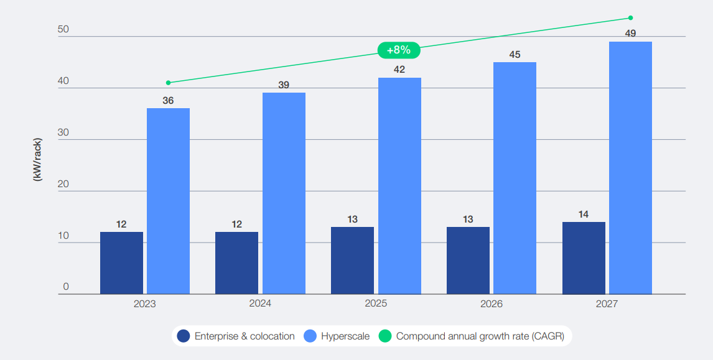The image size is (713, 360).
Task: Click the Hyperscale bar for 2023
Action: (168, 201)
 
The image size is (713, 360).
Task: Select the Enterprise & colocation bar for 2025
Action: (352, 261)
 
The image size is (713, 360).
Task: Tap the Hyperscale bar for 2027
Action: (630, 168)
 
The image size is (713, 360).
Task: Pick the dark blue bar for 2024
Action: (236, 263)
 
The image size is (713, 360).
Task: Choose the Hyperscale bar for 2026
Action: (515, 178)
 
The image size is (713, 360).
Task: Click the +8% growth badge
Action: (399, 50)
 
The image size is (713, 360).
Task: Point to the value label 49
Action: (630, 34)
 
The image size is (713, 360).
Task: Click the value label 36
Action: (168, 100)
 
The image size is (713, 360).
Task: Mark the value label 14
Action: (584, 215)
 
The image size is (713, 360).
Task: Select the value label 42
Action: (399, 70)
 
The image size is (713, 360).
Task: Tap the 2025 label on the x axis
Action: (376, 304)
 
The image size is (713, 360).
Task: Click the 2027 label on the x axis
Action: (607, 304)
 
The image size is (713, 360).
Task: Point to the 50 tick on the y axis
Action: (63, 30)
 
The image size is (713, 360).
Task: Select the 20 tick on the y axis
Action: (63, 185)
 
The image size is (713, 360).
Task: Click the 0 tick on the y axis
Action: (66, 287)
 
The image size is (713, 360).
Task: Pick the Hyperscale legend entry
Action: (337, 336)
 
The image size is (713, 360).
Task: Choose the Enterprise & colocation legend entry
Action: (236, 336)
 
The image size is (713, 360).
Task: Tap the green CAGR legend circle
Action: (386, 336)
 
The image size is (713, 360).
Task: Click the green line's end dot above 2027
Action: (630, 17)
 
